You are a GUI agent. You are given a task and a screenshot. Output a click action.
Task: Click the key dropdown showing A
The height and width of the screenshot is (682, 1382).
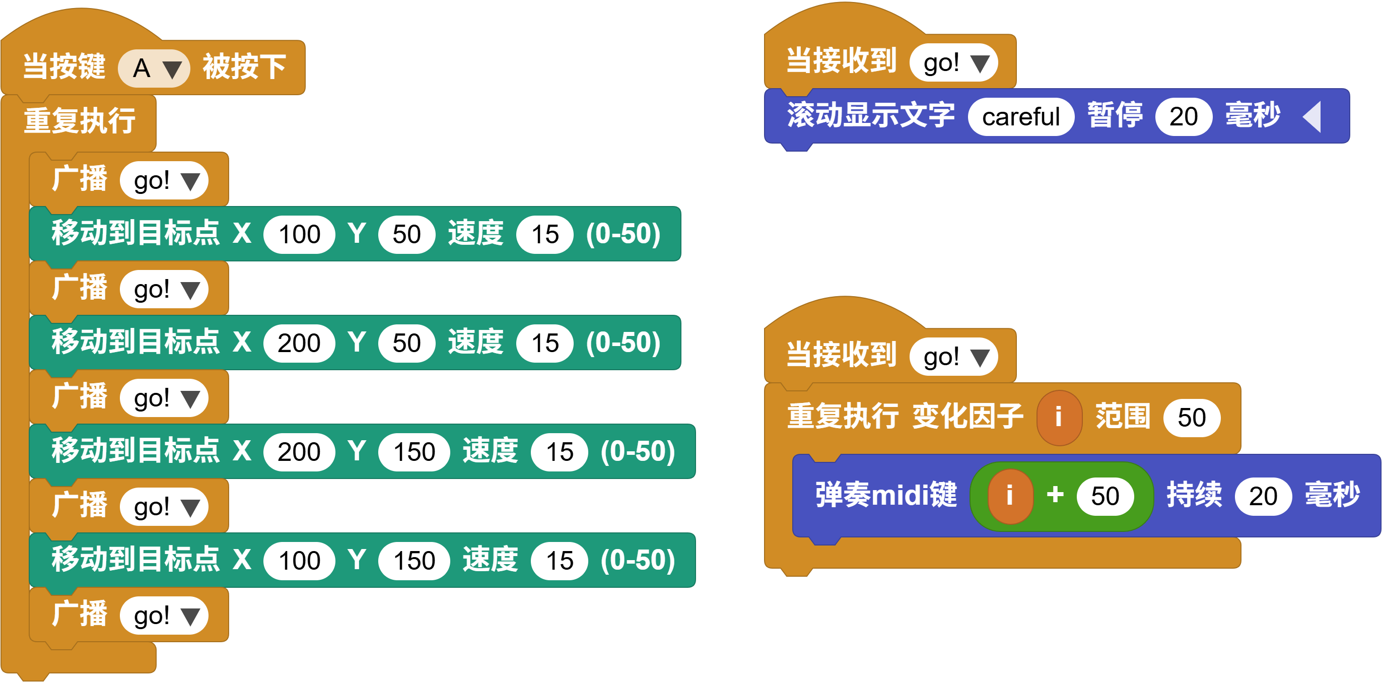click(x=154, y=68)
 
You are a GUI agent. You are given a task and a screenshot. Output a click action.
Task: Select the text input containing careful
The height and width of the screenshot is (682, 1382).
click(x=1020, y=116)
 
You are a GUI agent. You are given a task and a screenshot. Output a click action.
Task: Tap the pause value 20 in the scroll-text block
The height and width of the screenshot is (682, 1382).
click(x=1183, y=116)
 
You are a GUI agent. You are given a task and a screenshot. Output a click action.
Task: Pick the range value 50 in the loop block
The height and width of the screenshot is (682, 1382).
click(x=1192, y=418)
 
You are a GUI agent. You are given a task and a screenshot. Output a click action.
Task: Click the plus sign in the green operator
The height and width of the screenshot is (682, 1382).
click(x=1055, y=494)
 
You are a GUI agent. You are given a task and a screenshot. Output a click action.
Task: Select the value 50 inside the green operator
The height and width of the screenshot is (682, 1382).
click(x=1105, y=496)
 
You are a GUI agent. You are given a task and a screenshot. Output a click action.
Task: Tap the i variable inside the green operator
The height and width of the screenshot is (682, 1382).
click(x=1010, y=496)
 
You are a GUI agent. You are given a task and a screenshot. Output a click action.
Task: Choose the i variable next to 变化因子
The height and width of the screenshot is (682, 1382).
click(x=1059, y=418)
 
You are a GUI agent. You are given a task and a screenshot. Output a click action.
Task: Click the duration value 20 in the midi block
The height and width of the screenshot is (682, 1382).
click(x=1263, y=496)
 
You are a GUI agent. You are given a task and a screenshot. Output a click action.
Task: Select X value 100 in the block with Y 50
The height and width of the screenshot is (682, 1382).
click(x=299, y=235)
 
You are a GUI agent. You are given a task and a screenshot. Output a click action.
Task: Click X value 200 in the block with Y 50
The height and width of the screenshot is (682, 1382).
click(x=299, y=344)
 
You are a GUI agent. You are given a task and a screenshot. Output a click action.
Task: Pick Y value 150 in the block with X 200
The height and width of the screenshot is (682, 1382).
click(x=414, y=452)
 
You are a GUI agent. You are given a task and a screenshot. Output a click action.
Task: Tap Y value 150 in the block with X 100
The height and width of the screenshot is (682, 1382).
click(x=414, y=561)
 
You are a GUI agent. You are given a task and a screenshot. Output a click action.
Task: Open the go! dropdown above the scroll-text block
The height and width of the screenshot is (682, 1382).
click(x=954, y=63)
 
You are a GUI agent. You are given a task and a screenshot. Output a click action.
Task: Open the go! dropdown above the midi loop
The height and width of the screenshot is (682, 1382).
click(x=954, y=357)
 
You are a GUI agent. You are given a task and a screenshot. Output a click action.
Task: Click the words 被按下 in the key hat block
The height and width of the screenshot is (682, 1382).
click(x=244, y=67)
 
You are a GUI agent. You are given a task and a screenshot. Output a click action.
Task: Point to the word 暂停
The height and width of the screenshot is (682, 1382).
click(x=1115, y=115)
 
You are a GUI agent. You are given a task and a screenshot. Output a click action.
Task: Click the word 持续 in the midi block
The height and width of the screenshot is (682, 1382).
click(x=1194, y=495)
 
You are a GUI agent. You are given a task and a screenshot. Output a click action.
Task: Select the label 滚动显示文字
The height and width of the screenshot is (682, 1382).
click(x=871, y=115)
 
